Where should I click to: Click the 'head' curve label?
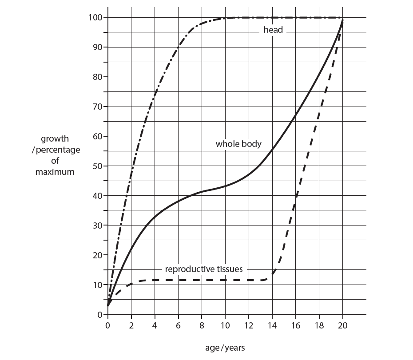273,30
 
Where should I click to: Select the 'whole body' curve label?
238,144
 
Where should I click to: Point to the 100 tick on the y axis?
96,17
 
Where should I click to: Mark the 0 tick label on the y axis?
100,315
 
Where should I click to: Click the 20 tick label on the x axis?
342,325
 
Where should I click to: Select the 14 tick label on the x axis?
272,325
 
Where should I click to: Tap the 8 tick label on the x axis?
202,325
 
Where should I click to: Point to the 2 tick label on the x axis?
131,325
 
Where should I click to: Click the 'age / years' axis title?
225,348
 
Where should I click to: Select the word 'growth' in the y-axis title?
55,139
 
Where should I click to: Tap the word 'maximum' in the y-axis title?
55,172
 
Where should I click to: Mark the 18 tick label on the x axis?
319,325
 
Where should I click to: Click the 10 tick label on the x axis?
225,325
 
